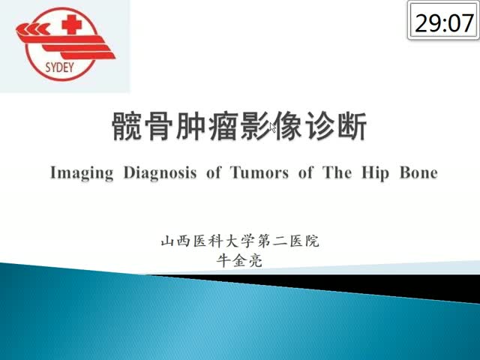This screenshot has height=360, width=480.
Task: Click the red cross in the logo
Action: pyautogui.click(x=72, y=24)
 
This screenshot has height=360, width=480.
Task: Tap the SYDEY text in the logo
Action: pyautogui.click(x=59, y=67)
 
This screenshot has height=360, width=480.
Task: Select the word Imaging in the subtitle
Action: pyautogui.click(x=82, y=173)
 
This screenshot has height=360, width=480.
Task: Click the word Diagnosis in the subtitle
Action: pyautogui.click(x=160, y=173)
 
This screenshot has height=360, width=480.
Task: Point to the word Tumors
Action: pyautogui.click(x=259, y=172)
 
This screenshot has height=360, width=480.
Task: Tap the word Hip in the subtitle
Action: pyautogui.click(x=375, y=173)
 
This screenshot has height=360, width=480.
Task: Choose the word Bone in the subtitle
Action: pyautogui.click(x=418, y=172)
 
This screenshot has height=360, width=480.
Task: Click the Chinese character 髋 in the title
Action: pyautogui.click(x=127, y=126)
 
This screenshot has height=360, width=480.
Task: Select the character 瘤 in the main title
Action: pyautogui.click(x=223, y=126)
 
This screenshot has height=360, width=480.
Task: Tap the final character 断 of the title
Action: pyautogui.click(x=352, y=126)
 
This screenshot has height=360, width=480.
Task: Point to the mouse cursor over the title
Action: pyautogui.click(x=272, y=127)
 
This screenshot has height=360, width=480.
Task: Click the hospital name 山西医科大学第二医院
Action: pyautogui.click(x=240, y=241)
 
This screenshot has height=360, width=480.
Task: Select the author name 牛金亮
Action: pyautogui.click(x=239, y=261)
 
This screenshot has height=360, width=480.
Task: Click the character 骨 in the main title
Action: pyautogui.click(x=159, y=126)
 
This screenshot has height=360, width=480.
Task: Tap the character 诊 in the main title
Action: pyautogui.click(x=319, y=126)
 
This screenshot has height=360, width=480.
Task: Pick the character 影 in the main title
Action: pyautogui.click(x=255, y=126)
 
